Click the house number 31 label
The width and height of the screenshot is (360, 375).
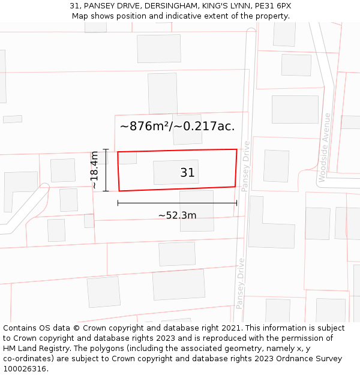(187, 173)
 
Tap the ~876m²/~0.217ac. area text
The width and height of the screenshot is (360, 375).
(177, 126)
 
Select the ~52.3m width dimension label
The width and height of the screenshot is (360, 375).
(177, 215)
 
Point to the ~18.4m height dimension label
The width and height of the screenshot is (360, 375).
(95, 170)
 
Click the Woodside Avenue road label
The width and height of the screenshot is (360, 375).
(325, 147)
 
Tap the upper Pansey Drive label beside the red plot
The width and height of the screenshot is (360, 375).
(245, 166)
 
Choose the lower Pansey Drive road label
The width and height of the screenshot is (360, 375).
(241, 283)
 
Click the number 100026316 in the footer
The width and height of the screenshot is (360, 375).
(25, 369)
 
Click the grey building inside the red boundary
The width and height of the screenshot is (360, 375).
(176, 172)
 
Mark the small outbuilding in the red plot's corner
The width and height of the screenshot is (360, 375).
(127, 158)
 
